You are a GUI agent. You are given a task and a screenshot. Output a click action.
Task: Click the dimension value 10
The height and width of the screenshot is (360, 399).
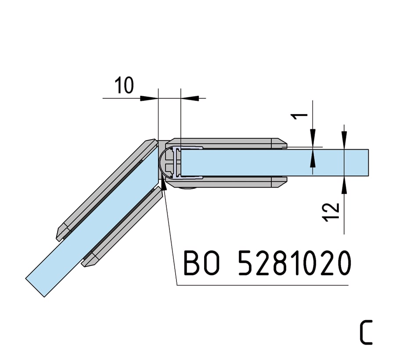click(x=124, y=85)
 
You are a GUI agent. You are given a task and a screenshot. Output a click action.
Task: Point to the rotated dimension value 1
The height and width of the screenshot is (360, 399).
click(x=300, y=117)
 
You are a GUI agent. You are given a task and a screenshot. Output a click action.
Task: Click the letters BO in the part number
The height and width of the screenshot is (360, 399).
click(x=201, y=263)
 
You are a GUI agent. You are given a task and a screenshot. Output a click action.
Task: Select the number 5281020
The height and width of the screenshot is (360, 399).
click(x=295, y=263)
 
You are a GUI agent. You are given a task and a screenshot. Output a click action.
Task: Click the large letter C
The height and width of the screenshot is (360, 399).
click(x=366, y=332)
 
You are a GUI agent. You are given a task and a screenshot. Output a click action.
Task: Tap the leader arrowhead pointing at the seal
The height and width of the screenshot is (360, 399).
click(x=164, y=184)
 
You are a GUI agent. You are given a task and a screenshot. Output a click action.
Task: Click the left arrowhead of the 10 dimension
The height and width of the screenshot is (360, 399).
click(x=149, y=98)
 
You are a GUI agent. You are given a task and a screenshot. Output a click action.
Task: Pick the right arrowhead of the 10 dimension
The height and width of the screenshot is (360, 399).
click(x=190, y=98)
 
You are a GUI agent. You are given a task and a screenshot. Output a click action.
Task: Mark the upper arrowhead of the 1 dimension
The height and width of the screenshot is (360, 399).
click(x=313, y=138)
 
